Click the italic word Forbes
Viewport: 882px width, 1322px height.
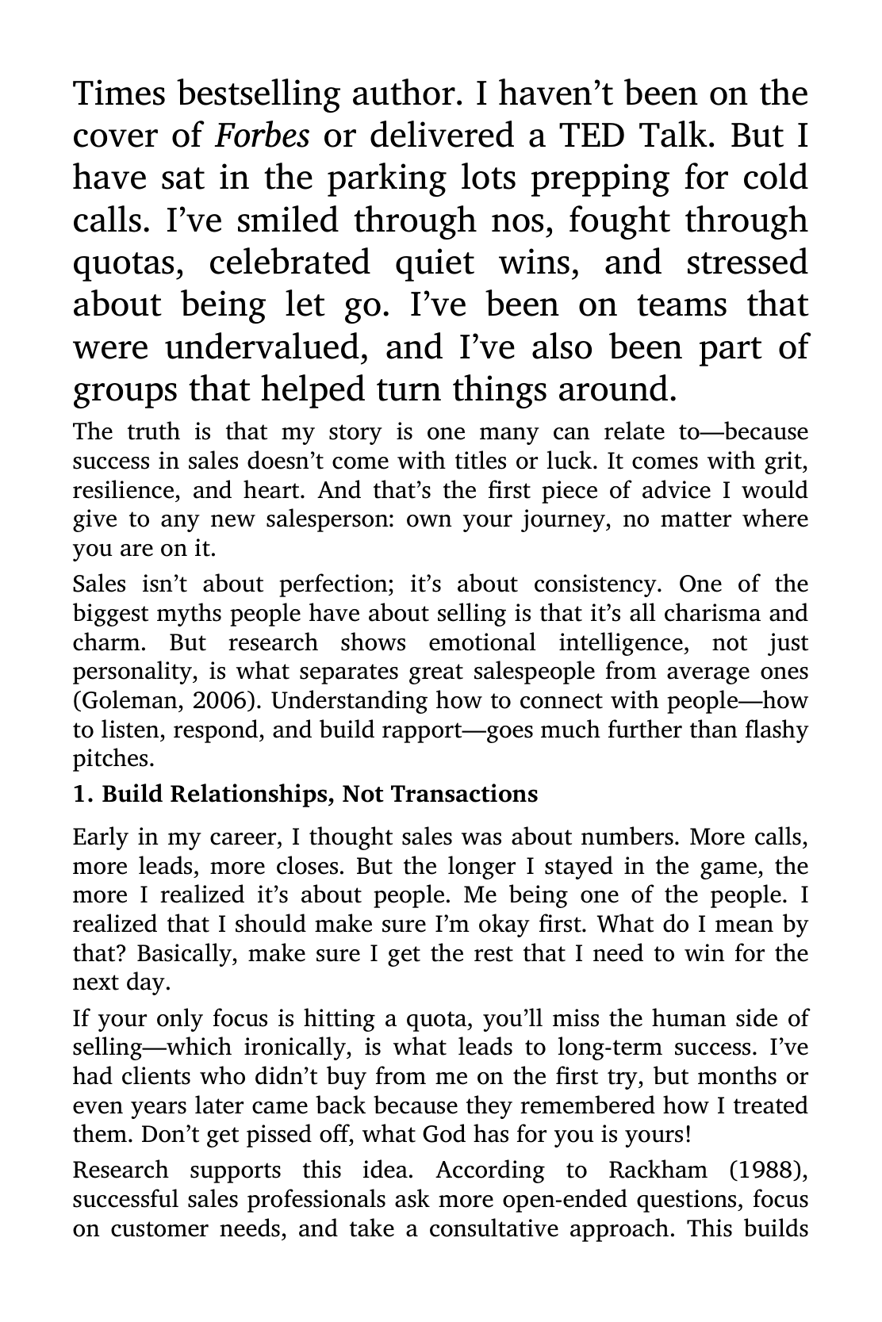[263, 136]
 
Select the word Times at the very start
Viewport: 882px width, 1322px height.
[120, 94]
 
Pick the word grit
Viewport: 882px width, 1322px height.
[785, 461]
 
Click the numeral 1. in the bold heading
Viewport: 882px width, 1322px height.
[81, 794]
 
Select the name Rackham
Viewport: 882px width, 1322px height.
[660, 1171]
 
